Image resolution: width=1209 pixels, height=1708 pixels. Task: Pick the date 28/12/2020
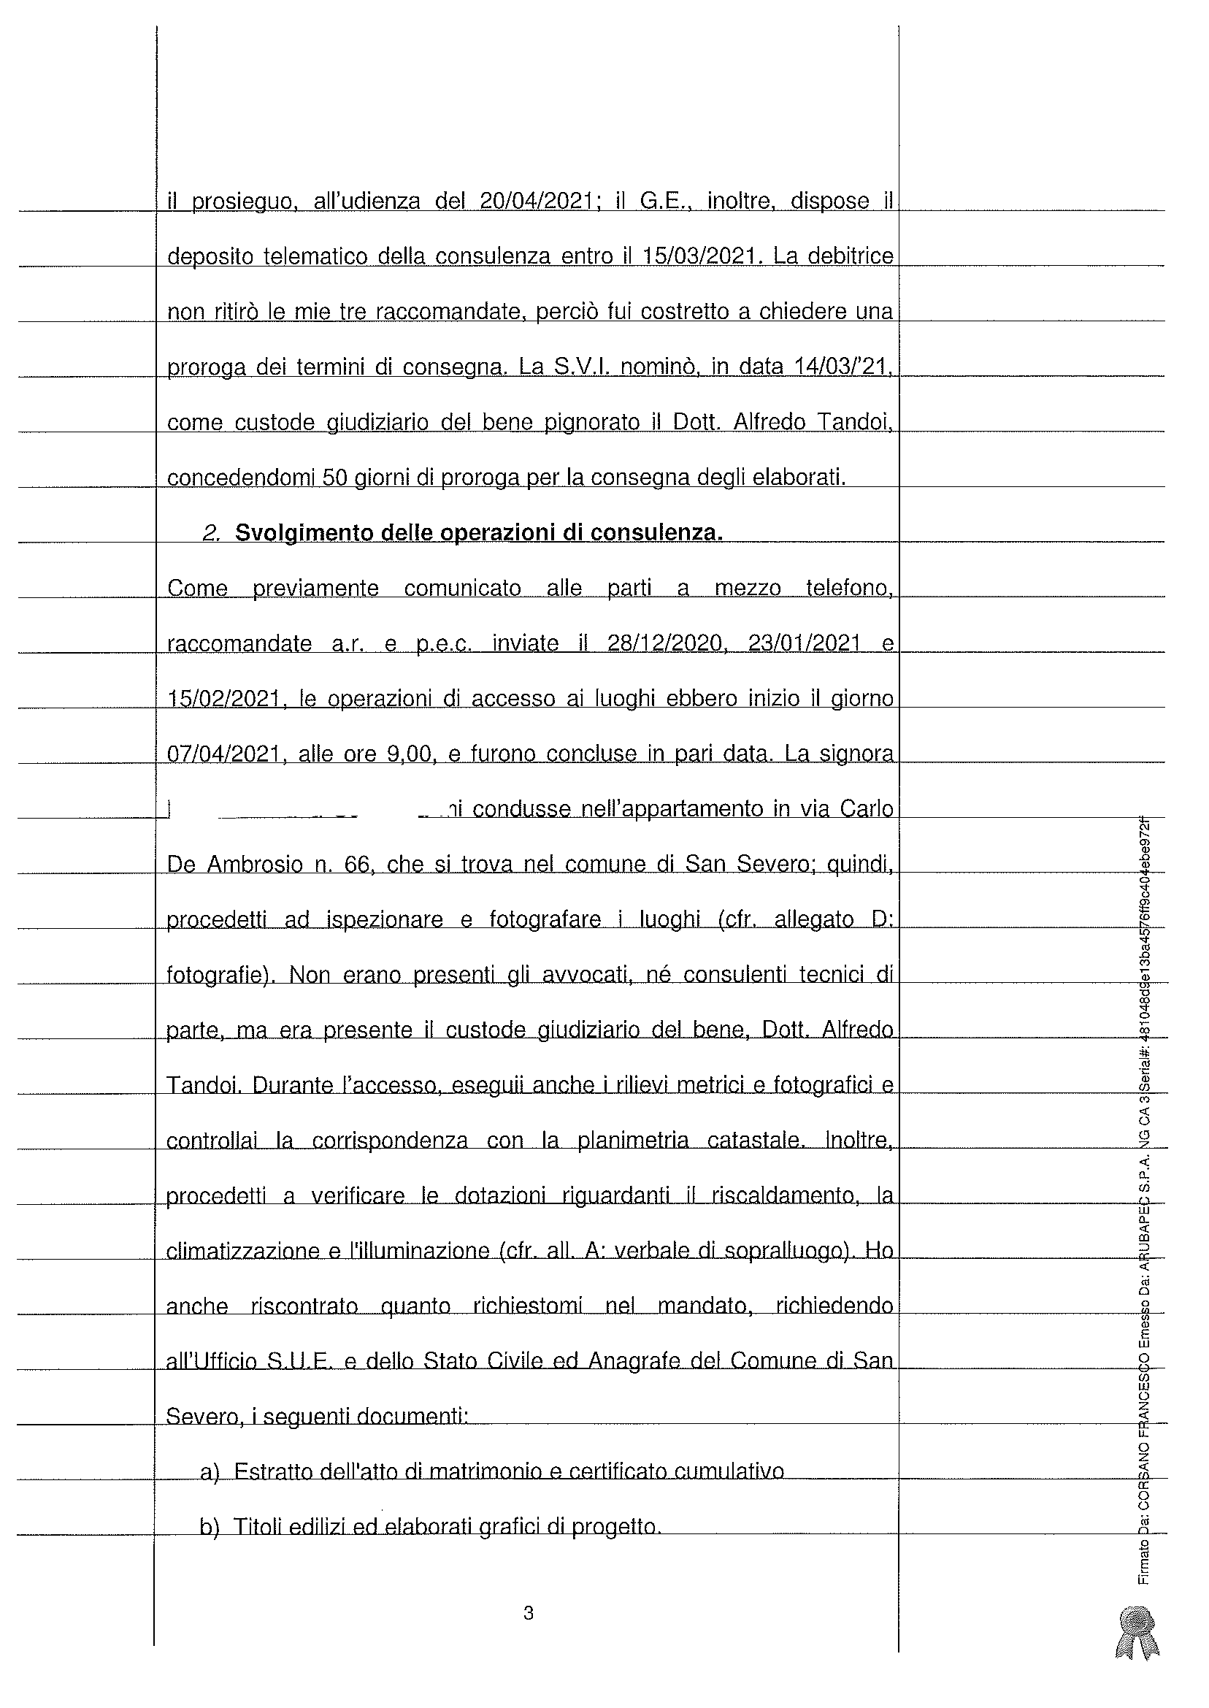coord(667,643)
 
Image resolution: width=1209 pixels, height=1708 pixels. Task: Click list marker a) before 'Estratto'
coord(210,1472)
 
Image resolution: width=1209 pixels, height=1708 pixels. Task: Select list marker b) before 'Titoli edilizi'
coord(210,1527)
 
